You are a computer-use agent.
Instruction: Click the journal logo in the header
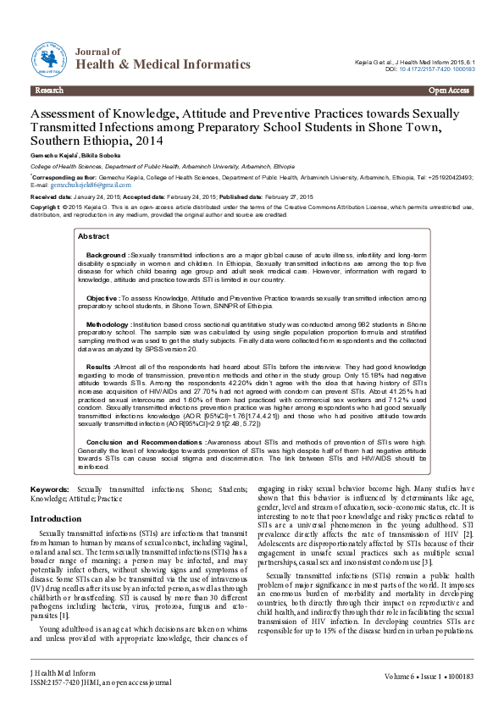click(51, 60)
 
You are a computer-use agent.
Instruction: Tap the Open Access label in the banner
click(449, 90)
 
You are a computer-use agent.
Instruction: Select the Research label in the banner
click(49, 90)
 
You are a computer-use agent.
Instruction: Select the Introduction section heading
click(56, 518)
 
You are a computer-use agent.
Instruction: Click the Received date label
click(51, 196)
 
